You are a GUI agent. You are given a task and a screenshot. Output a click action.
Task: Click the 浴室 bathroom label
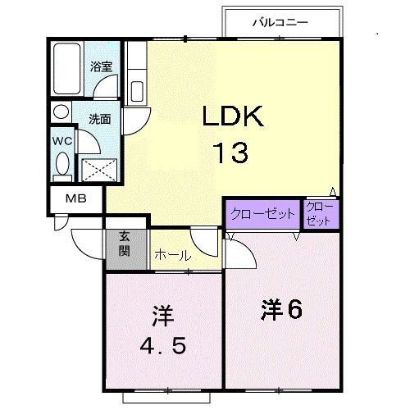pos(101,67)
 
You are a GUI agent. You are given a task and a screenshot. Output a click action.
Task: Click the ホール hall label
pos(173,256)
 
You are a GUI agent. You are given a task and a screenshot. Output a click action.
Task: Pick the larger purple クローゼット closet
pos(263,214)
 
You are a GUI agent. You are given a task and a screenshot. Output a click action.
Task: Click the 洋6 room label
pos(283,309)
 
